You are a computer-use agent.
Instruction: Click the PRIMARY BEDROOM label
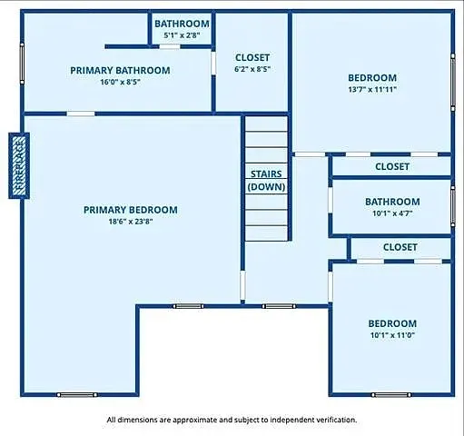point(130,210)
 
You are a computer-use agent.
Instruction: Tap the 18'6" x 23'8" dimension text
point(130,221)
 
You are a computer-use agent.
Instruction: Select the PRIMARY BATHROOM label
point(120,70)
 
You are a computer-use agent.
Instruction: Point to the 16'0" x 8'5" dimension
point(120,82)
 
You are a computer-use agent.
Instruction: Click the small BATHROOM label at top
point(182,24)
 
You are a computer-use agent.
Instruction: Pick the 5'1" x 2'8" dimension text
point(182,35)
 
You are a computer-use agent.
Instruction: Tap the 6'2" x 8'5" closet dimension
point(252,69)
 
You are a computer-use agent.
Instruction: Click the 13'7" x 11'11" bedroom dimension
point(372,89)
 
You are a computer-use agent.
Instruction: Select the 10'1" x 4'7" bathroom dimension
point(392,214)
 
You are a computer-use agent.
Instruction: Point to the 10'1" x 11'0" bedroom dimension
point(392,335)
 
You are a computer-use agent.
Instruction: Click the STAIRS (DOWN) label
point(267,180)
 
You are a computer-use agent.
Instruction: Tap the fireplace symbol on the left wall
point(19,164)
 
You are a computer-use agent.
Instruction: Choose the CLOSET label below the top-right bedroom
point(392,166)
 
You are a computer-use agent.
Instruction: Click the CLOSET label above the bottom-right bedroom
point(400,247)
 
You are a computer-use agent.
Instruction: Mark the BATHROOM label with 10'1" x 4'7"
point(392,202)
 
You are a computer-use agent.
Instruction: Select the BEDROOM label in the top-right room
point(372,77)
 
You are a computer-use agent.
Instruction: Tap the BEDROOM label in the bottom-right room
point(392,323)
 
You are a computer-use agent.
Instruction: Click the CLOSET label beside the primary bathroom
point(252,57)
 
